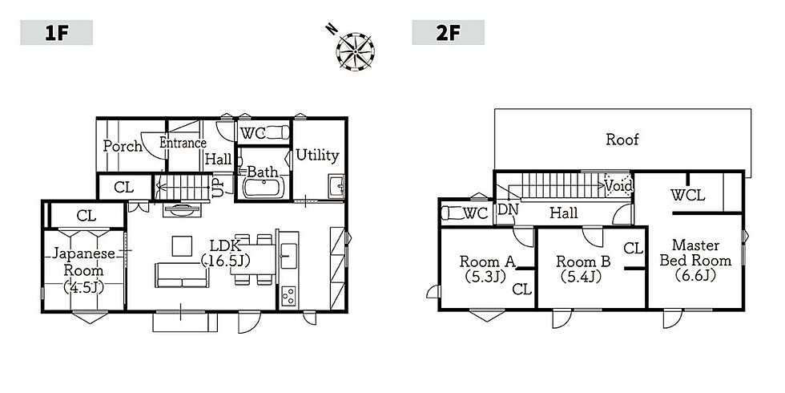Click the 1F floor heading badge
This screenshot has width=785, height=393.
[x=57, y=33]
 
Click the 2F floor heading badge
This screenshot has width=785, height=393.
[x=448, y=33]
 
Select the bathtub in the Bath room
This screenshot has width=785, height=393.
[x=264, y=188]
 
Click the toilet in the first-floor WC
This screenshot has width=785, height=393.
[x=278, y=133]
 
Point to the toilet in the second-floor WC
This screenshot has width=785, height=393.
[x=453, y=213]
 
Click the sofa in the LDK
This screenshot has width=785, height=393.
[x=181, y=276]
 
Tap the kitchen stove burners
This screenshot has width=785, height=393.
[x=288, y=296]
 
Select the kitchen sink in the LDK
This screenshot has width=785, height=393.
[x=288, y=255]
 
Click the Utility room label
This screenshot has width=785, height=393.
[x=317, y=156]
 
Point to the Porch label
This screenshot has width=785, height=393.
[x=123, y=146]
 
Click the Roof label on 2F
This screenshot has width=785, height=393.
[x=622, y=139]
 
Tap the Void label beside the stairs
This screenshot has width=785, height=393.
[x=618, y=186]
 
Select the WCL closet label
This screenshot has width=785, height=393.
[x=688, y=195]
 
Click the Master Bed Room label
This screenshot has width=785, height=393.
[x=695, y=253]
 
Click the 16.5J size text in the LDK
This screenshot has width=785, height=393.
[x=225, y=261]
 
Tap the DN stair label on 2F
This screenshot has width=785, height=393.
[x=508, y=209]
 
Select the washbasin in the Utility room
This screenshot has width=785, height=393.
[x=336, y=185]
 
